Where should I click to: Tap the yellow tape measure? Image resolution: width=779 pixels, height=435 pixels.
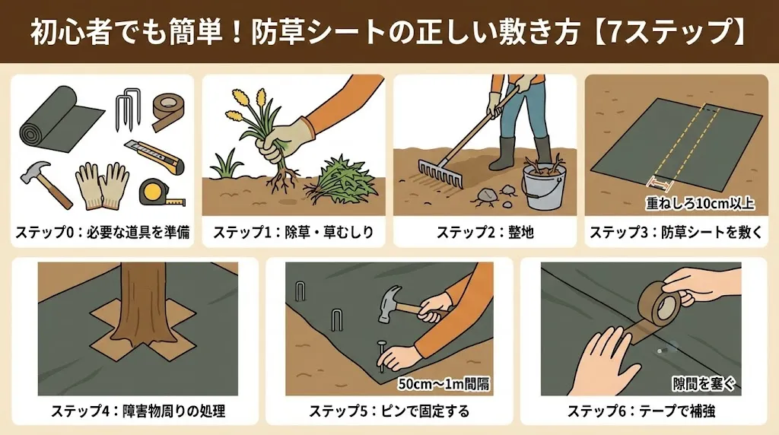(x=161, y=192)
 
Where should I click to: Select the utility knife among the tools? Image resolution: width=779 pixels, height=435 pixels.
(x=154, y=156)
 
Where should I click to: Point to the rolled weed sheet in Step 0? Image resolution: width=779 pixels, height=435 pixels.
(x=57, y=116)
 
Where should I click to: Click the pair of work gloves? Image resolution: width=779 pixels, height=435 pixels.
(x=103, y=186)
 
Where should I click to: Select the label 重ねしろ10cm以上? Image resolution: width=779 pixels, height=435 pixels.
(x=700, y=204)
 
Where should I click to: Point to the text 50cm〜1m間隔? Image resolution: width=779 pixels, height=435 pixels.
(x=444, y=384)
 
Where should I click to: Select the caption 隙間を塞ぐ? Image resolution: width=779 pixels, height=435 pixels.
(x=704, y=383)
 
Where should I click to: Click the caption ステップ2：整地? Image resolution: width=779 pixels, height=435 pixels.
(x=485, y=233)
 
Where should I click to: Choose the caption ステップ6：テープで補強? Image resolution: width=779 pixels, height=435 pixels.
(x=641, y=411)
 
